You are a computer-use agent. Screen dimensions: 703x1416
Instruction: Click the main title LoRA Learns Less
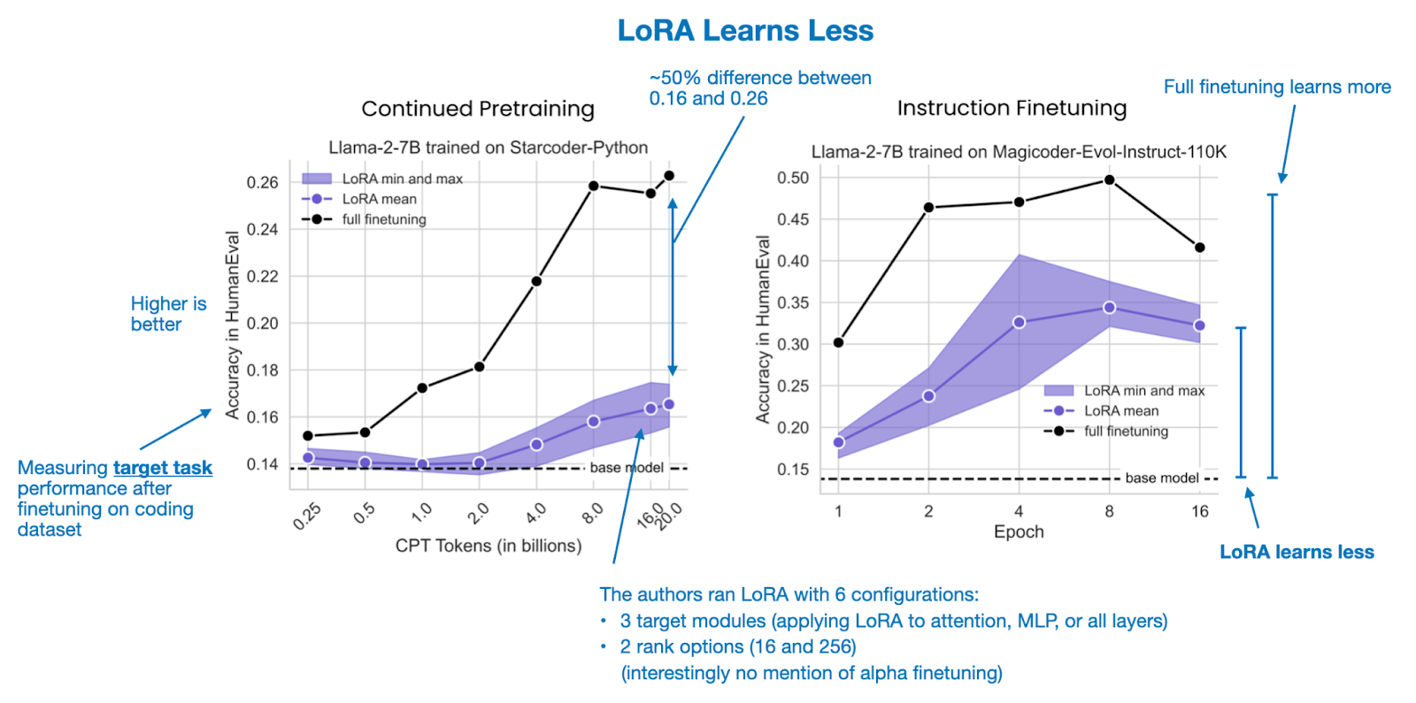[745, 31]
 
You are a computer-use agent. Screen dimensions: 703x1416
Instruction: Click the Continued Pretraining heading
[478, 109]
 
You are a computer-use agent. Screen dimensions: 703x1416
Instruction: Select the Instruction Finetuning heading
[1012, 108]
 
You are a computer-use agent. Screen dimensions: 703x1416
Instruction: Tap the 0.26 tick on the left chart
[262, 182]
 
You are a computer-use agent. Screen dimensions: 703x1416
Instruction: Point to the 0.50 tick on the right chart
[793, 178]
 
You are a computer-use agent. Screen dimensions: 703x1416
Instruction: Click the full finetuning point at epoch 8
[1109, 180]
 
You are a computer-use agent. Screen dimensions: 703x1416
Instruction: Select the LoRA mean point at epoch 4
[1019, 322]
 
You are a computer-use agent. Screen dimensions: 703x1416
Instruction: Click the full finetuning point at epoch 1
[838, 342]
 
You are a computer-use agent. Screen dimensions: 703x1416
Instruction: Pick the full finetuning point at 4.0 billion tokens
[536, 281]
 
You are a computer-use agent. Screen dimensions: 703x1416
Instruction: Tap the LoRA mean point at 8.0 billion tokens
[593, 422]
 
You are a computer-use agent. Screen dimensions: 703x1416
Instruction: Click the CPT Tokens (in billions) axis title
[489, 546]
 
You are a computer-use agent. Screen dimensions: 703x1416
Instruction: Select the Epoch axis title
[1019, 531]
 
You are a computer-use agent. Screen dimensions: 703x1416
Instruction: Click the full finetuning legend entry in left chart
[383, 219]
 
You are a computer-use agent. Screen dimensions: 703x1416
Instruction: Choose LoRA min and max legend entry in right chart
[1143, 390]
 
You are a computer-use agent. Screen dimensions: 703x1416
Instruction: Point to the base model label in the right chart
[1161, 478]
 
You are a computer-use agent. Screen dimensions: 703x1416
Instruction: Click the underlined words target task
[163, 468]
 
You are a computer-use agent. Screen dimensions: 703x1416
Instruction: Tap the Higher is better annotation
[168, 314]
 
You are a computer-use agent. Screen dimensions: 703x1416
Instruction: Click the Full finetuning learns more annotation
[1276, 87]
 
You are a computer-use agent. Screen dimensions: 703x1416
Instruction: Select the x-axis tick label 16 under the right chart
[1199, 511]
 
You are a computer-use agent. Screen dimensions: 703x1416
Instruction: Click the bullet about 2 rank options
[737, 646]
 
